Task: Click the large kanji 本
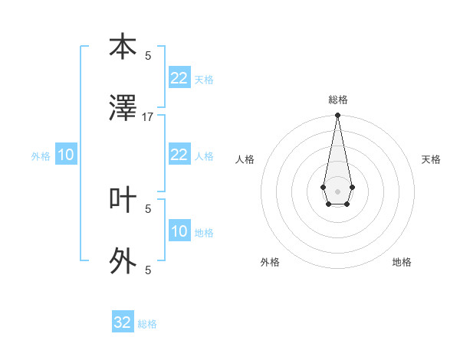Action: click(x=123, y=47)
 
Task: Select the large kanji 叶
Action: click(x=123, y=200)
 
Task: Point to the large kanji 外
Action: click(x=123, y=261)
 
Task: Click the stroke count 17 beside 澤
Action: click(x=148, y=117)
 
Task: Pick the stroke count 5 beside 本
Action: click(x=148, y=55)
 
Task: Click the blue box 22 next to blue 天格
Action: click(x=179, y=78)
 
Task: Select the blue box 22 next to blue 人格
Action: click(x=179, y=155)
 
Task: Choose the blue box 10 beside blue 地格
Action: click(x=179, y=231)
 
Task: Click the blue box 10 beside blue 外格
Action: click(x=66, y=155)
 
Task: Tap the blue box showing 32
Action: click(x=123, y=322)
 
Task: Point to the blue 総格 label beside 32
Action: click(x=147, y=324)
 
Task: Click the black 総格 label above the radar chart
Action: click(x=337, y=100)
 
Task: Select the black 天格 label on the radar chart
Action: click(x=431, y=159)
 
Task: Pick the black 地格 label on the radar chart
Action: click(x=402, y=262)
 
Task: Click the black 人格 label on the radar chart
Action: click(x=245, y=159)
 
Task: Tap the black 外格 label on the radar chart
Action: click(x=270, y=262)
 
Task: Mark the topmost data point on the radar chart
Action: click(x=337, y=116)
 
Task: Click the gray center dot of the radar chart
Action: click(x=337, y=190)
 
